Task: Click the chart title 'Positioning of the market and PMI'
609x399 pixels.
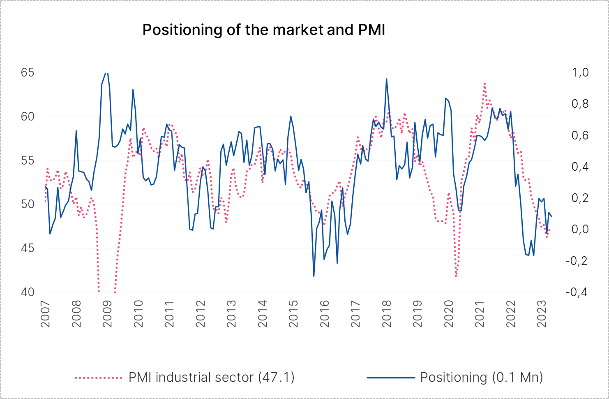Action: tap(263, 30)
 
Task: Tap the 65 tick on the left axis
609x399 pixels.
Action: tap(28, 73)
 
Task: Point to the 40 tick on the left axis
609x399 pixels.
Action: tap(28, 292)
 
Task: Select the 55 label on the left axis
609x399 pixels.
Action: tap(28, 160)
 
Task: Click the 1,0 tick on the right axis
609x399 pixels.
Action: tap(580, 73)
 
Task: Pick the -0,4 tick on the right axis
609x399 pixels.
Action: tap(577, 292)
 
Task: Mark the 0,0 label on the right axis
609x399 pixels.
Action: tap(580, 229)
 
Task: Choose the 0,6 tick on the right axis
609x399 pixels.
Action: tap(580, 135)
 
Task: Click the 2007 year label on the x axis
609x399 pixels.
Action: tap(45, 313)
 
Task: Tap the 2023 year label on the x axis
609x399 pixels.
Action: tap(542, 313)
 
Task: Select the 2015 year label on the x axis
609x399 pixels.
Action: tap(293, 313)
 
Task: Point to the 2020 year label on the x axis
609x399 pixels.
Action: tap(449, 313)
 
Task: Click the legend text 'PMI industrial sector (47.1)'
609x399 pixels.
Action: tap(212, 377)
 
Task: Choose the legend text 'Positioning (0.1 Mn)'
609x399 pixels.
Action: tap(481, 377)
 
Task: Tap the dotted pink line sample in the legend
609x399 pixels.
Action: tap(99, 377)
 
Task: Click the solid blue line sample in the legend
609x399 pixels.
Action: tap(390, 377)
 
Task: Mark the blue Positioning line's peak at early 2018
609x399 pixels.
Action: tap(386, 79)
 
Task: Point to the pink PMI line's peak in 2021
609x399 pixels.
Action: tap(485, 84)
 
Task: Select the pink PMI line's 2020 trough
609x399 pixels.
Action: tap(456, 276)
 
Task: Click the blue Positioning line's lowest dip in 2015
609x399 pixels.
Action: tap(314, 276)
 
